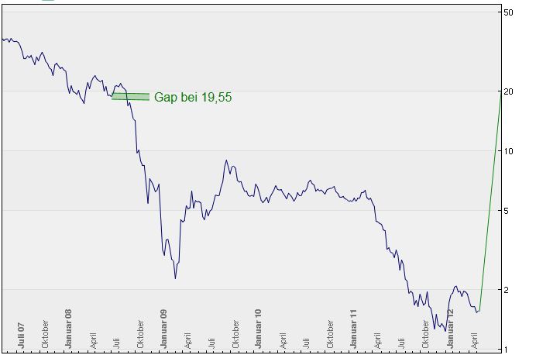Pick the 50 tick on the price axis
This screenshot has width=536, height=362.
click(x=508, y=13)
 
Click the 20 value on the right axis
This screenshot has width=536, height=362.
click(x=508, y=91)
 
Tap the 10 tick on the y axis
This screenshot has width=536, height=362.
click(x=508, y=150)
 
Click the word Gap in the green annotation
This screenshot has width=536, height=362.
click(x=166, y=98)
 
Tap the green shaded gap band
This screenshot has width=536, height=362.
click(x=130, y=96)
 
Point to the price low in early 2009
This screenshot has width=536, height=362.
click(x=176, y=278)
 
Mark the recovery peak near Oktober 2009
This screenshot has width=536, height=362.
click(x=226, y=161)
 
